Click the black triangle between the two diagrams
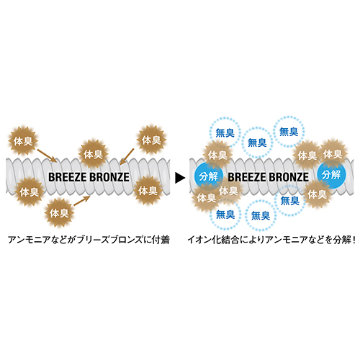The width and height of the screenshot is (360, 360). [x=179, y=178]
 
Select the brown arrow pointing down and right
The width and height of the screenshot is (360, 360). [x=47, y=156]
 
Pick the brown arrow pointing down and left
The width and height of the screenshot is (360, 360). [x=127, y=156]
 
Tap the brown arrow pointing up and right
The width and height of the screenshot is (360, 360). [x=82, y=201]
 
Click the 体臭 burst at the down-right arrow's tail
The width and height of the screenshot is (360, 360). [x=23, y=141]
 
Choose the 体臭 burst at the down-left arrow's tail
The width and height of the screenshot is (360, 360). [x=151, y=140]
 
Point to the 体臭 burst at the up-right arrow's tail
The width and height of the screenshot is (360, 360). [x=59, y=212]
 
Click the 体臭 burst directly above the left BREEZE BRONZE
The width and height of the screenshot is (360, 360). [x=93, y=154]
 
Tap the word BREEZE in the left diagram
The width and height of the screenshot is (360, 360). [x=68, y=177]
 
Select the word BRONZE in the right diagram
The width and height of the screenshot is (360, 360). [x=289, y=177]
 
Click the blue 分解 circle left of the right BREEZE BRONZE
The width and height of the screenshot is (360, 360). [x=209, y=176]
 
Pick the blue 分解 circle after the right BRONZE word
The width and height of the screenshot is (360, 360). [x=331, y=174]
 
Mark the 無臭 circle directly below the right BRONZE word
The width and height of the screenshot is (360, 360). [x=290, y=201]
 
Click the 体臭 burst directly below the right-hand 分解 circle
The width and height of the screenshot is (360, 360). [x=318, y=194]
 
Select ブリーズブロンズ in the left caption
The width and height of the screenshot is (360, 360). [x=109, y=240]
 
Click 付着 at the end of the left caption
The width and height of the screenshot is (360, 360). [x=161, y=240]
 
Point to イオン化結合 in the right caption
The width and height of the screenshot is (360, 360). [x=213, y=240]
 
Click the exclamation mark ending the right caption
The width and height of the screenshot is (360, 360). [x=353, y=240]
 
